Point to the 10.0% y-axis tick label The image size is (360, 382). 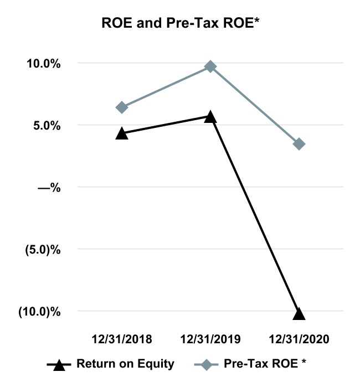45,64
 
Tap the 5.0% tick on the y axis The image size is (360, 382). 48,126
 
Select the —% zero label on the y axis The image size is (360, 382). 49,188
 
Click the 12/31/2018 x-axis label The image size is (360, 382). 122,338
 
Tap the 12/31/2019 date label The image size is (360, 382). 210,338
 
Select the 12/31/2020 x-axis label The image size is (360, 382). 299,338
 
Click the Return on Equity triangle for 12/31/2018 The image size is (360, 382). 122,133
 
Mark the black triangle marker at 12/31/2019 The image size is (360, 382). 210,116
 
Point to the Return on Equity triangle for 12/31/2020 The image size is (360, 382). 299,313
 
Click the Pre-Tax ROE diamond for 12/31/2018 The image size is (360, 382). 122,107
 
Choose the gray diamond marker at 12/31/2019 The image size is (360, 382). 210,66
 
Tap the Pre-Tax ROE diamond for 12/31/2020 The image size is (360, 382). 299,144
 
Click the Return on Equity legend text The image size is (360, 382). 126,364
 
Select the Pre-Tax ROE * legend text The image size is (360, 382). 266,364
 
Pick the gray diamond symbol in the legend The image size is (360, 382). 207,364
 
